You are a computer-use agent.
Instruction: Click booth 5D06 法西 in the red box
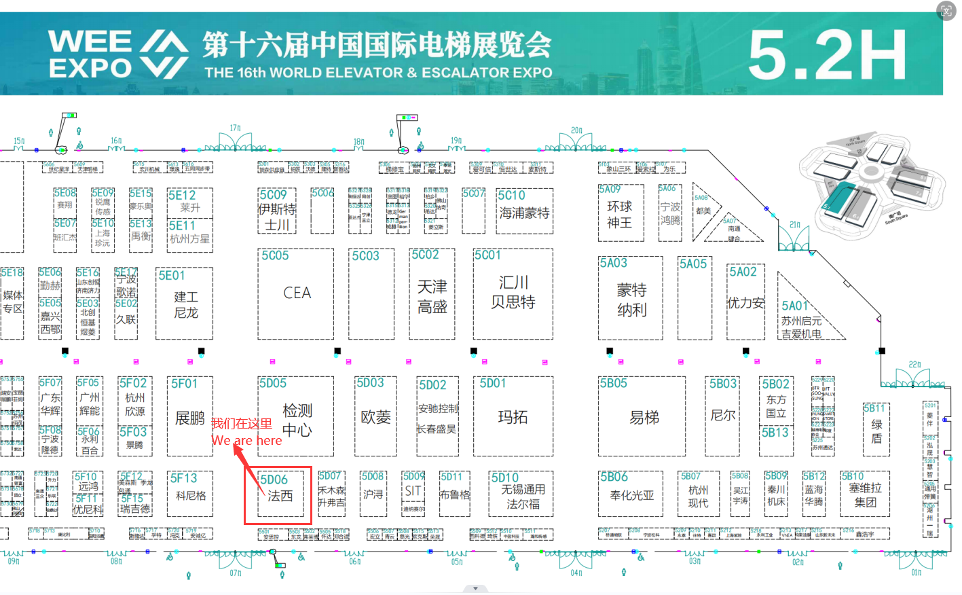(x=278, y=494)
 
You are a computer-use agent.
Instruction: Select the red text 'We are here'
(x=246, y=441)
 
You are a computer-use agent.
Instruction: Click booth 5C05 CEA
(x=296, y=293)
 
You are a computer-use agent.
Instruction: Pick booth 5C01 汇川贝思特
(x=513, y=293)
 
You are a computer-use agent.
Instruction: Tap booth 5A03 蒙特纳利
(x=631, y=299)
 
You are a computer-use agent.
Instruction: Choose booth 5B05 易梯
(x=643, y=417)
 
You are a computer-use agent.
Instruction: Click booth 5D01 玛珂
(x=513, y=417)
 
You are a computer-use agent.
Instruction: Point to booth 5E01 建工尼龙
(x=185, y=304)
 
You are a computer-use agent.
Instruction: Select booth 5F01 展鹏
(x=189, y=417)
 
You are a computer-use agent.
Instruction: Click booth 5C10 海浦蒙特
(x=523, y=212)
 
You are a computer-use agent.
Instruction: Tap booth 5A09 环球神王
(x=620, y=213)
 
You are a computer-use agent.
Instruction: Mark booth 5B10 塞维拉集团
(x=865, y=494)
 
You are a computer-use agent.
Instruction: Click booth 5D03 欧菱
(x=375, y=417)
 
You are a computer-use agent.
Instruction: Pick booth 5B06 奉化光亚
(x=631, y=494)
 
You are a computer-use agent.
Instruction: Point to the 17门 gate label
(x=235, y=128)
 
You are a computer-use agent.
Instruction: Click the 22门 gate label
(x=914, y=365)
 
